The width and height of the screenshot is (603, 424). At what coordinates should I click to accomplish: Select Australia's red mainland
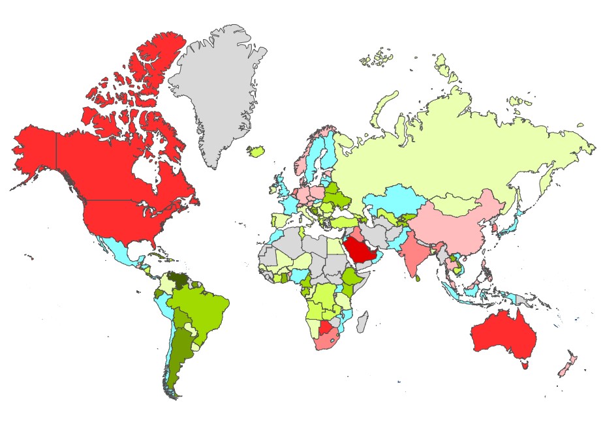[x=502, y=333]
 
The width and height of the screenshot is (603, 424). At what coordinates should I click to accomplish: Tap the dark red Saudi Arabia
[x=360, y=250]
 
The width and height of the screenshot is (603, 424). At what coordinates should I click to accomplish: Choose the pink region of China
[x=457, y=225]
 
